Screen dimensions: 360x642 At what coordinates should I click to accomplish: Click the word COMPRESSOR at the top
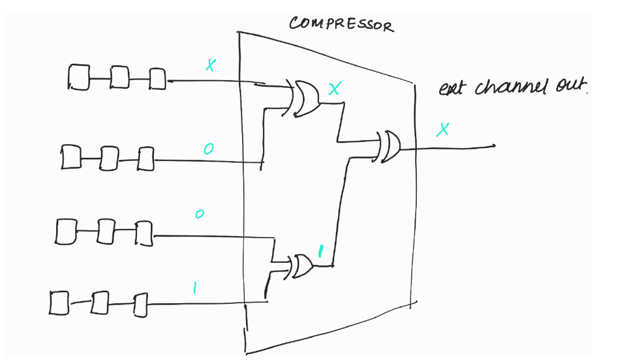coord(341,24)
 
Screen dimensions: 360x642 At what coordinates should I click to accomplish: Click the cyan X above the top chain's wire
coord(210,65)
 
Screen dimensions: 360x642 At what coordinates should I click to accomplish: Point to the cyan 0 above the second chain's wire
coord(207,149)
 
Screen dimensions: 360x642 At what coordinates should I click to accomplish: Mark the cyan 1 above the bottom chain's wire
coord(194,287)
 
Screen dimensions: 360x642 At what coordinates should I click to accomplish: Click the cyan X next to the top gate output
coord(333,89)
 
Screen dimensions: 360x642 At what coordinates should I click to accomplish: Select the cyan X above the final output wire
coord(443,130)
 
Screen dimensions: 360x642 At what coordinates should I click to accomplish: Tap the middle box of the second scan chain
coord(109,157)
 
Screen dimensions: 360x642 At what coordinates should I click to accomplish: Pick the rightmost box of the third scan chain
coord(144,233)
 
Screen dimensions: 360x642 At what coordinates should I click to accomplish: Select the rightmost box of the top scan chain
coord(157,78)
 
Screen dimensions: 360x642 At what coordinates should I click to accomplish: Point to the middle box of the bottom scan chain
coord(100,303)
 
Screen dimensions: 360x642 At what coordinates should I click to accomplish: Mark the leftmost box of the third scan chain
coord(65,232)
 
